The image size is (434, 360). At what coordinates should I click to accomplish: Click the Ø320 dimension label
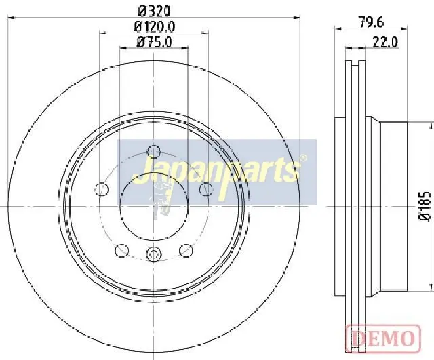click(154, 12)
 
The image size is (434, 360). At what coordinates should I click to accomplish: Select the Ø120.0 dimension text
click(155, 27)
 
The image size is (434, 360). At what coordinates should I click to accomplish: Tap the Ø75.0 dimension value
click(154, 42)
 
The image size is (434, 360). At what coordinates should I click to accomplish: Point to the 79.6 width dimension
click(372, 22)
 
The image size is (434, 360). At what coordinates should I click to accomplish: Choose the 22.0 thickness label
click(385, 42)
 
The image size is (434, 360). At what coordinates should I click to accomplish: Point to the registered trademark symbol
click(303, 158)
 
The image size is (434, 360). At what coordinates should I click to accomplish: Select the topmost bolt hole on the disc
click(154, 151)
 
